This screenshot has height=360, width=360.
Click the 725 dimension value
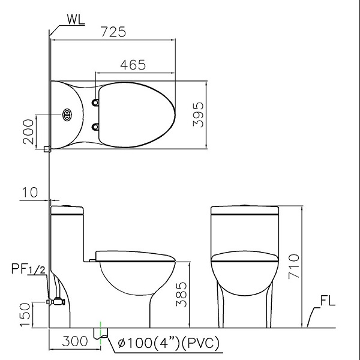113,32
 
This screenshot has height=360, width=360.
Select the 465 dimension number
133,65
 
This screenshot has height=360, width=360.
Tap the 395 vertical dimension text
199,115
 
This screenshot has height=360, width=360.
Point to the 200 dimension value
28,131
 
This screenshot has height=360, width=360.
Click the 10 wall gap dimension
30,192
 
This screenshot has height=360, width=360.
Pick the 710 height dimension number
294,266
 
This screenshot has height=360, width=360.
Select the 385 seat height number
181,295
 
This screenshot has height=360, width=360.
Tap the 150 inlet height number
25,314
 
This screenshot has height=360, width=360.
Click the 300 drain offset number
75,341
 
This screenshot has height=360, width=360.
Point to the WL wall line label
76,19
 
